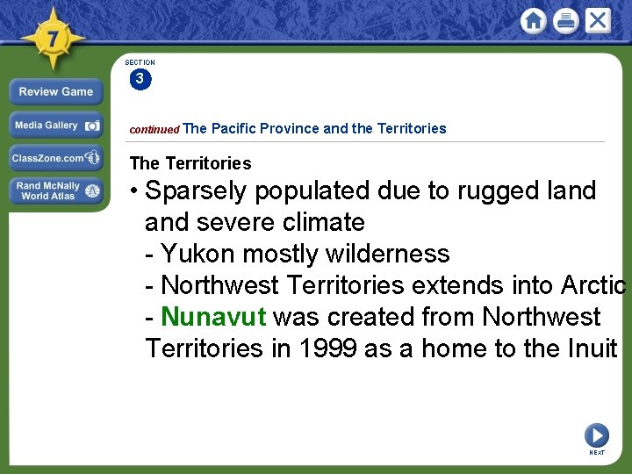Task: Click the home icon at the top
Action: point(533,21)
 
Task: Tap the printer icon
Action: point(566,21)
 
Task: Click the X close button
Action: point(598,20)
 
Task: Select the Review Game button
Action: point(56,92)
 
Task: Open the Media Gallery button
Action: point(56,126)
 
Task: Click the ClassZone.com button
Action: point(56,159)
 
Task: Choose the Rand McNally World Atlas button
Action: point(56,191)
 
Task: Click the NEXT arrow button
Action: point(597,435)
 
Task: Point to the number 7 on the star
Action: point(52,39)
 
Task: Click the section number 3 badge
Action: point(140,80)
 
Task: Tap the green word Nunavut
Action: point(213,317)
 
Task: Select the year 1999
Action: point(327,348)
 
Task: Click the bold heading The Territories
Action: point(190,163)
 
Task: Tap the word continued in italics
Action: point(154,130)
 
